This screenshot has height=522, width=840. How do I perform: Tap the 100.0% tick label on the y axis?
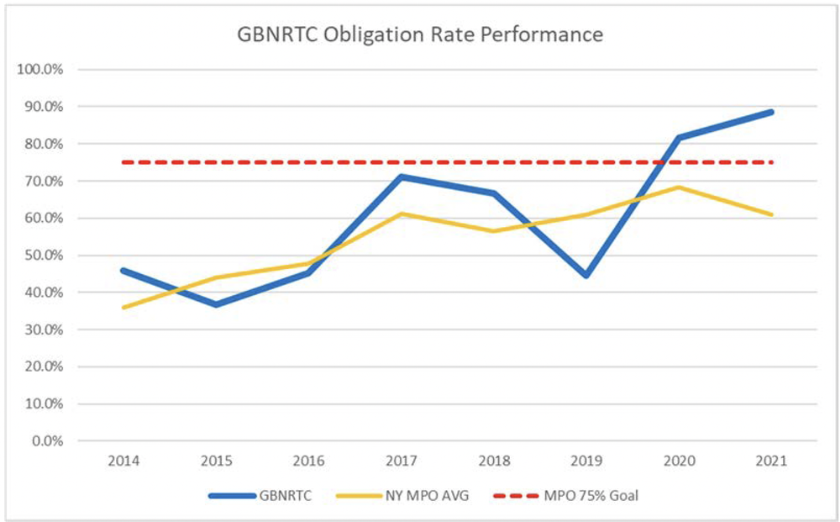coord(40,70)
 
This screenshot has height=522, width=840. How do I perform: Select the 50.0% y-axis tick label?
coord(43,256)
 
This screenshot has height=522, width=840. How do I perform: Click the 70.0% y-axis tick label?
coord(43,182)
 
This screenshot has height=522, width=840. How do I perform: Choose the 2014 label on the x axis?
coord(123,461)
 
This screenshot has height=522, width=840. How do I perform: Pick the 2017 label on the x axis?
coord(402,461)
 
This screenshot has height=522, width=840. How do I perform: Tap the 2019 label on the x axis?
coord(586,461)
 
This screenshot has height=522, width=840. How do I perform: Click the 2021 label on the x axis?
coord(772,461)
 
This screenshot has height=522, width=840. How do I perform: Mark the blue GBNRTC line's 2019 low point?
coord(586,276)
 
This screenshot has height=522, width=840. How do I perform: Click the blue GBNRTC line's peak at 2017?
coord(402,177)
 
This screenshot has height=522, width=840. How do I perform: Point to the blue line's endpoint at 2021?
coord(772,112)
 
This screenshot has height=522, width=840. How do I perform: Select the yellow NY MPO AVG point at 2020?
coord(680,187)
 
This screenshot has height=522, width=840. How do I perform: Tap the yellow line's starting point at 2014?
coord(123,308)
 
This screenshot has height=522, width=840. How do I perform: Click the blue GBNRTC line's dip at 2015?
coord(216,304)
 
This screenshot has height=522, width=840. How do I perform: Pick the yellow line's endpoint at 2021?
coord(772,214)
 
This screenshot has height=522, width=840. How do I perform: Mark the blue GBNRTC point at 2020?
coord(680,137)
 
